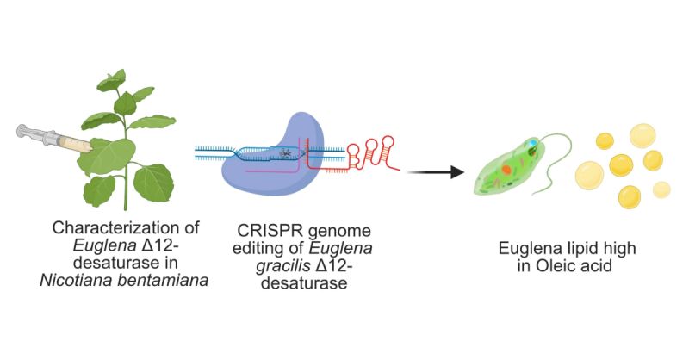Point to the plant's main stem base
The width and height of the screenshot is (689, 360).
point(126,203)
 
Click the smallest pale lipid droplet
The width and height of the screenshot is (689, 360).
point(661,189)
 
